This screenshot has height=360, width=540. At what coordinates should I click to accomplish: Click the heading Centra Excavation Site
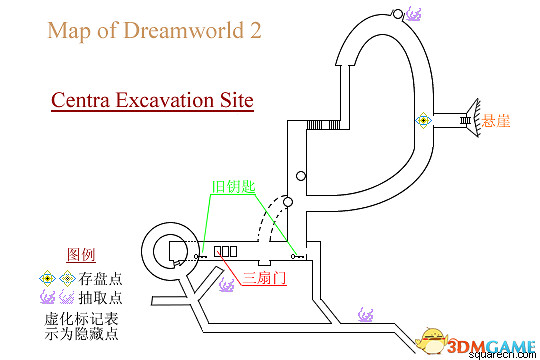coord(152,101)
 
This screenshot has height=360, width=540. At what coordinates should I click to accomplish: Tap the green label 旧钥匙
coord(230,187)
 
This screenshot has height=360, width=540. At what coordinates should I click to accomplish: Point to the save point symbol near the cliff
coord(424,120)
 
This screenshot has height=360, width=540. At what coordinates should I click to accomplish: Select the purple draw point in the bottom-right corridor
coord(366,317)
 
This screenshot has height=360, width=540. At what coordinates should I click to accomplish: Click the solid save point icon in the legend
coord(46,277)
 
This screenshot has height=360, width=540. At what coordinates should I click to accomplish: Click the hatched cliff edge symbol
coord(466,120)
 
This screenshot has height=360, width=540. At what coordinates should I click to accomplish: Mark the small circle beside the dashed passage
coord(287,203)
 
